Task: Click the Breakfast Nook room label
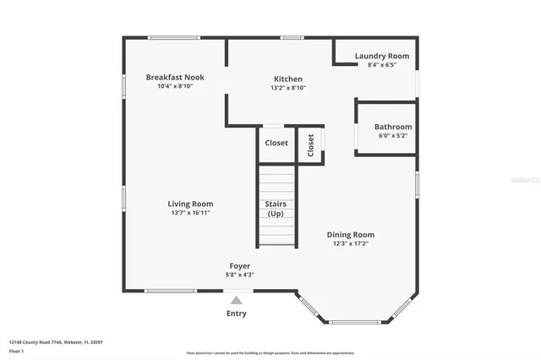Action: click(174, 77)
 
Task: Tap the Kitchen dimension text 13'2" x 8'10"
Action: click(287, 88)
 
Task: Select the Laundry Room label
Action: click(381, 56)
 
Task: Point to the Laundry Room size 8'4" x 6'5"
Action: click(381, 65)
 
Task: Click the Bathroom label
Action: click(393, 127)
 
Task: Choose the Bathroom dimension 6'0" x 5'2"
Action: click(393, 136)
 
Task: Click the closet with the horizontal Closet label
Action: click(276, 144)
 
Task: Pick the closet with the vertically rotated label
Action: click(310, 145)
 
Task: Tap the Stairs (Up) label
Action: click(276, 209)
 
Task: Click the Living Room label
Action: click(189, 204)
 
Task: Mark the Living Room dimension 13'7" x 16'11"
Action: click(189, 213)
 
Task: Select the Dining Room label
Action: click(351, 234)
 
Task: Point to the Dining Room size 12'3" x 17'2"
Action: click(351, 243)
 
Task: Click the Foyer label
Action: click(240, 265)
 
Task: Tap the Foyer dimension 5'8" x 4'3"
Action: click(240, 275)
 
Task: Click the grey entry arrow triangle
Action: click(237, 300)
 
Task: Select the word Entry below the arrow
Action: click(237, 314)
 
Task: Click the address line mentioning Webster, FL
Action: click(56, 342)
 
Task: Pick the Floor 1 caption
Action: click(17, 351)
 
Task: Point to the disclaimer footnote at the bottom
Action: click(270, 353)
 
